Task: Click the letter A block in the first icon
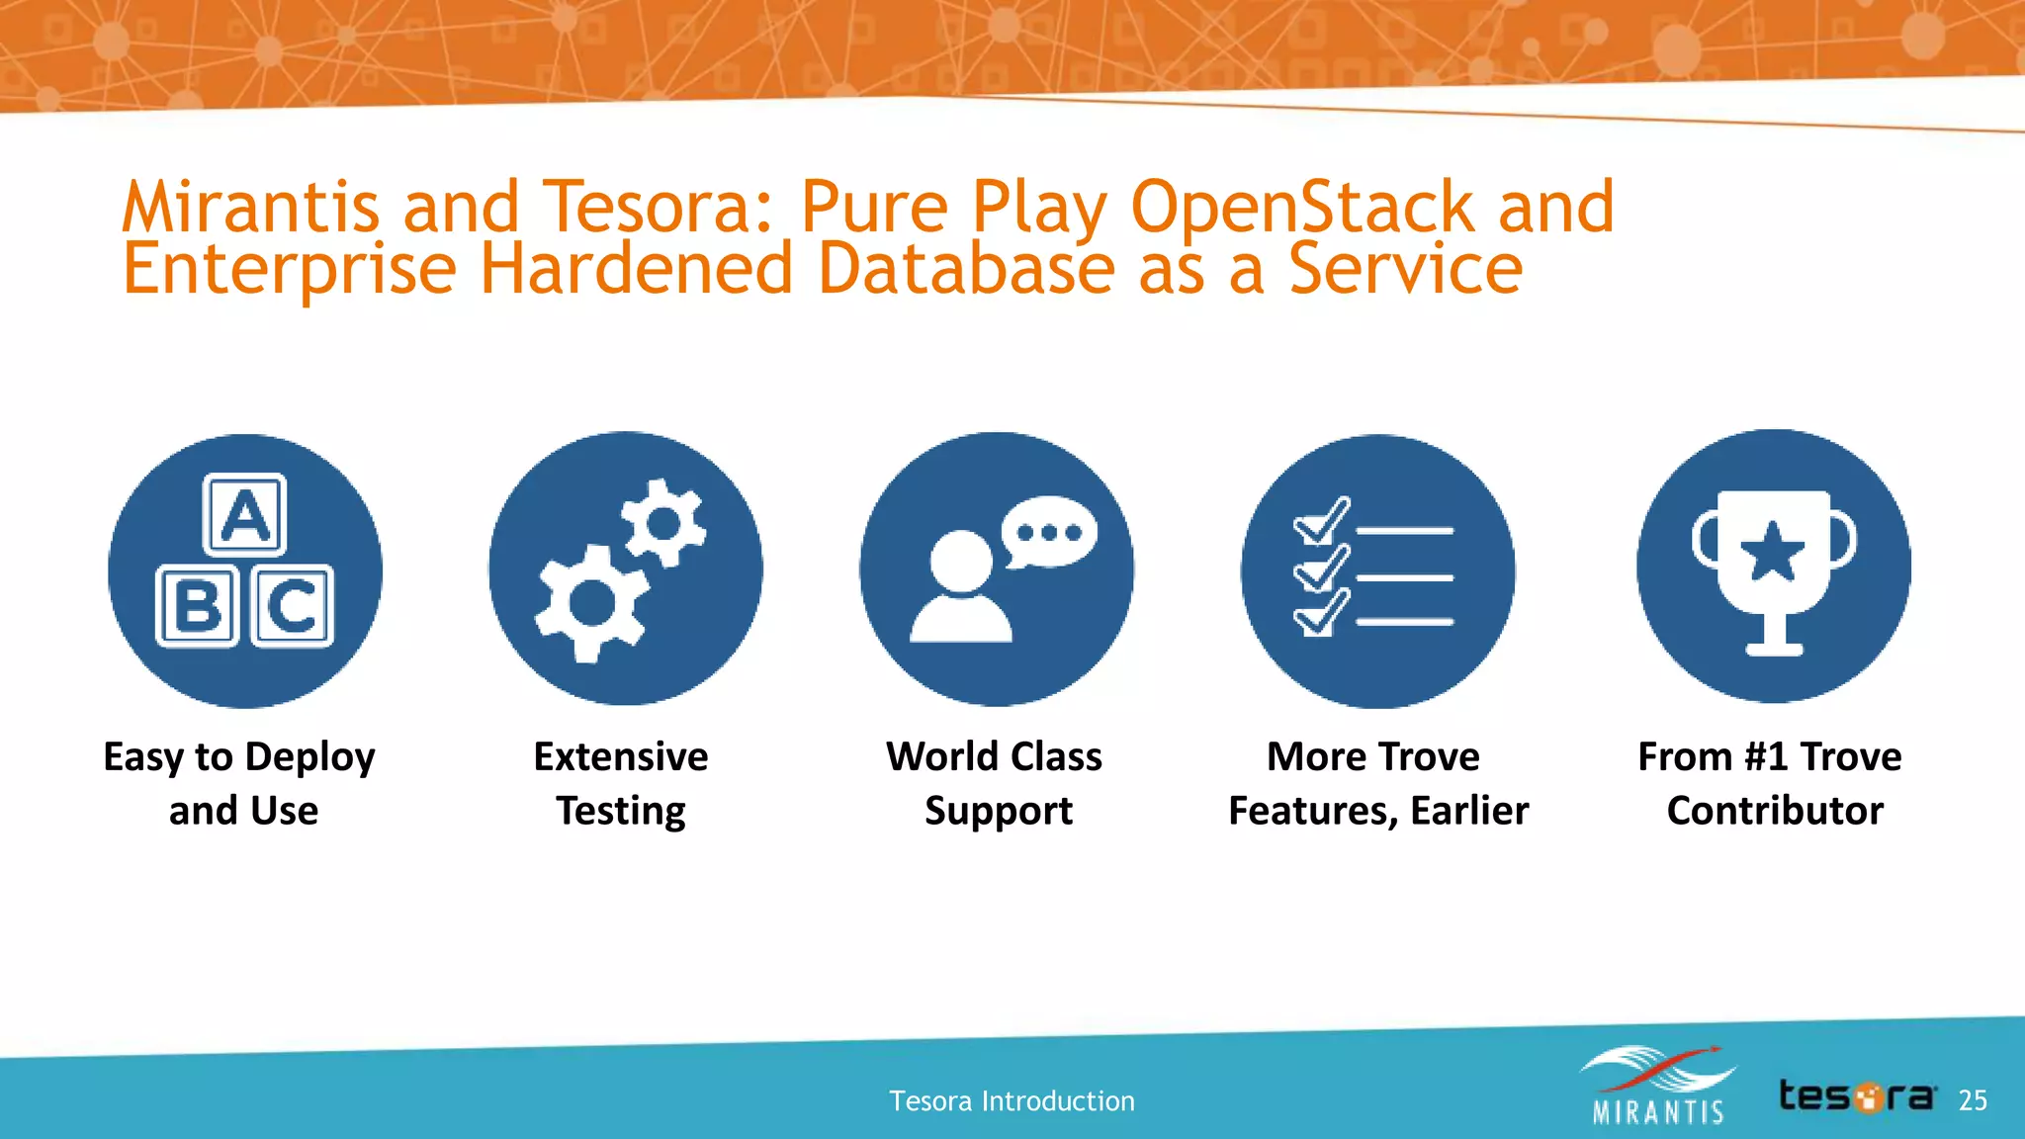coord(244,514)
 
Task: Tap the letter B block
coord(198,605)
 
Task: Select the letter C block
coord(292,605)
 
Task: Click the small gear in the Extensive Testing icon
coord(663,523)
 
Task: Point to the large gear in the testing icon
coord(591,602)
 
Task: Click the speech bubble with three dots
coord(1049,532)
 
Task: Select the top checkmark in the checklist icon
coord(1321,521)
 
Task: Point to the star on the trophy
coord(1773,552)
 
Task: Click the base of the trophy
coord(1774,648)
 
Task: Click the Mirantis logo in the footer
coord(1657,1087)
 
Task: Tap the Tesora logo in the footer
coord(1856,1096)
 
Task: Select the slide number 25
coord(1973,1100)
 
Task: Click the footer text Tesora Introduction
coord(1012,1100)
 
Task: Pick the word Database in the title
coord(966,269)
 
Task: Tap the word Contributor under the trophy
coord(1775,811)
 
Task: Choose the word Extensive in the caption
coord(621,757)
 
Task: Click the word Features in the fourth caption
coord(1313,811)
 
